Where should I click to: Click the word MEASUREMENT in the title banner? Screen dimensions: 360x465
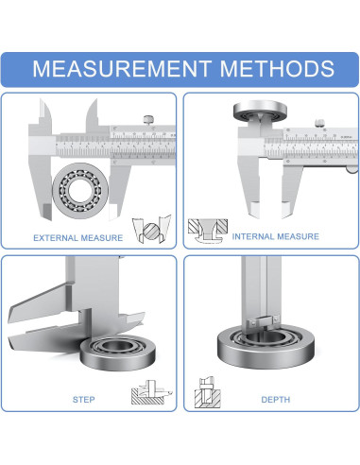pos(122,68)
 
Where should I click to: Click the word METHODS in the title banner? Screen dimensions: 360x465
pos(277,68)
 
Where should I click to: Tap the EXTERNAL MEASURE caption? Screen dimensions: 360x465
pos(78,238)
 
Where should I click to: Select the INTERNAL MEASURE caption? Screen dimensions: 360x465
pos(276,236)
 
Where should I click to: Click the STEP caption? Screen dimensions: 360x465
pos(83,400)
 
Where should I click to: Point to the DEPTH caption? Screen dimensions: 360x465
pos(276,400)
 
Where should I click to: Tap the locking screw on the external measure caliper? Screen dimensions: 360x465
pos(148,120)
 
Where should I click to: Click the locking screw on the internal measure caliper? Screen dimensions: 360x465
pos(319,123)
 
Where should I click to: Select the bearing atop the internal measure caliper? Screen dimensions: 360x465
pos(260,111)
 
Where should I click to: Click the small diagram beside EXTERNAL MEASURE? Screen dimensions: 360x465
pos(152,229)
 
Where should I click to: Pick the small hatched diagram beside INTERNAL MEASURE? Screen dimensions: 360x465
pos(208,231)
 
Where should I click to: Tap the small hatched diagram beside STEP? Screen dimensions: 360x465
pos(152,392)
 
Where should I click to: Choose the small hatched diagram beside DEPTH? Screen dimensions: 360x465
pos(208,392)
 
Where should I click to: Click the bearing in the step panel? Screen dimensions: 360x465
pos(117,353)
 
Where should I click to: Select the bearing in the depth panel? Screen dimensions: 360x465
pos(266,347)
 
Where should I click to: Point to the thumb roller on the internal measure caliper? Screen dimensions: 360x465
pos(352,169)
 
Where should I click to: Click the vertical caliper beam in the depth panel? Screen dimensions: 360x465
pos(262,290)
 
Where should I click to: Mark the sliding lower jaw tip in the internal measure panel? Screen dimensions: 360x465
pos(286,211)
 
